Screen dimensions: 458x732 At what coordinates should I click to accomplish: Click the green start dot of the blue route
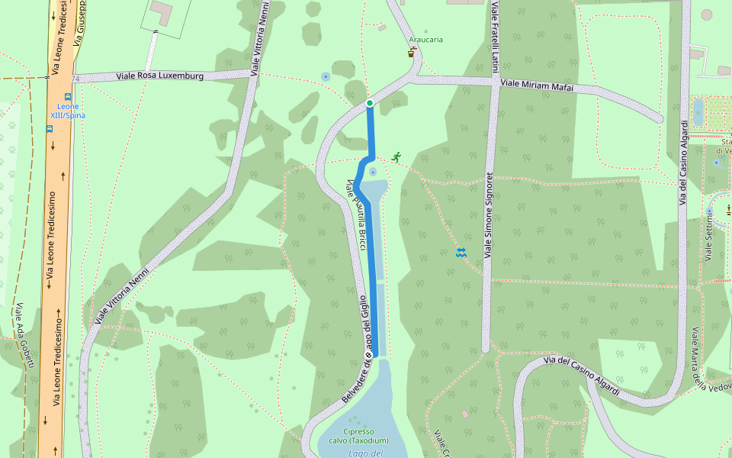click(370, 103)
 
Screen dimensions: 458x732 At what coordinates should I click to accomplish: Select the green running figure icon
click(396, 156)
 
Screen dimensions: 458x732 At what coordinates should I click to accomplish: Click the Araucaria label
click(425, 40)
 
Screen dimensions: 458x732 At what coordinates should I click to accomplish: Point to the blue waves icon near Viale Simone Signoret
click(461, 253)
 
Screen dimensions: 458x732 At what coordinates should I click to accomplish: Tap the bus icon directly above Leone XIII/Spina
click(68, 97)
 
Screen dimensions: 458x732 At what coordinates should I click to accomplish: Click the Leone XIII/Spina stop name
click(68, 111)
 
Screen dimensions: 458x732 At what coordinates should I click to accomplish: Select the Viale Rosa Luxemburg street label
click(159, 76)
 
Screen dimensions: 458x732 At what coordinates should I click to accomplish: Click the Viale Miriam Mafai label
click(538, 86)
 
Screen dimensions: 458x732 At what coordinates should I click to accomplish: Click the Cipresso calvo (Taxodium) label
click(358, 436)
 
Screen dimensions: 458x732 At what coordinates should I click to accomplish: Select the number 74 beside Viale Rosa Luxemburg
click(75, 79)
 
